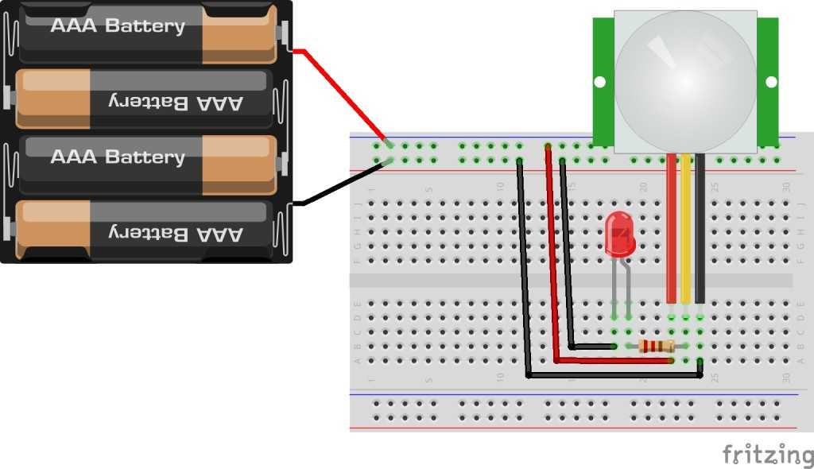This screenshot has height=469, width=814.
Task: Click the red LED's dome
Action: point(620,235)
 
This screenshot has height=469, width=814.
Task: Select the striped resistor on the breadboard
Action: point(656,346)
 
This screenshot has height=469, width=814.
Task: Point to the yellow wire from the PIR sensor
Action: point(686,231)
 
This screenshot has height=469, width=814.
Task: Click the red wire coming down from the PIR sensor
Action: point(672,231)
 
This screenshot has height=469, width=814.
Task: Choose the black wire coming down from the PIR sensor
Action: point(700,231)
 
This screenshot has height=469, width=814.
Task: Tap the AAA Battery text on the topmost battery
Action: point(118,25)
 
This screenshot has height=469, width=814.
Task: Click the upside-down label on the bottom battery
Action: point(175,233)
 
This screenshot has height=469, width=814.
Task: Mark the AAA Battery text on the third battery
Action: point(118,157)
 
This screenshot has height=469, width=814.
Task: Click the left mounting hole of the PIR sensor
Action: point(600,81)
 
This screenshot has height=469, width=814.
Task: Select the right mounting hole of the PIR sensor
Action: point(770,81)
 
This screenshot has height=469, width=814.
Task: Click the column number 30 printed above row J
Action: point(786,188)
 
